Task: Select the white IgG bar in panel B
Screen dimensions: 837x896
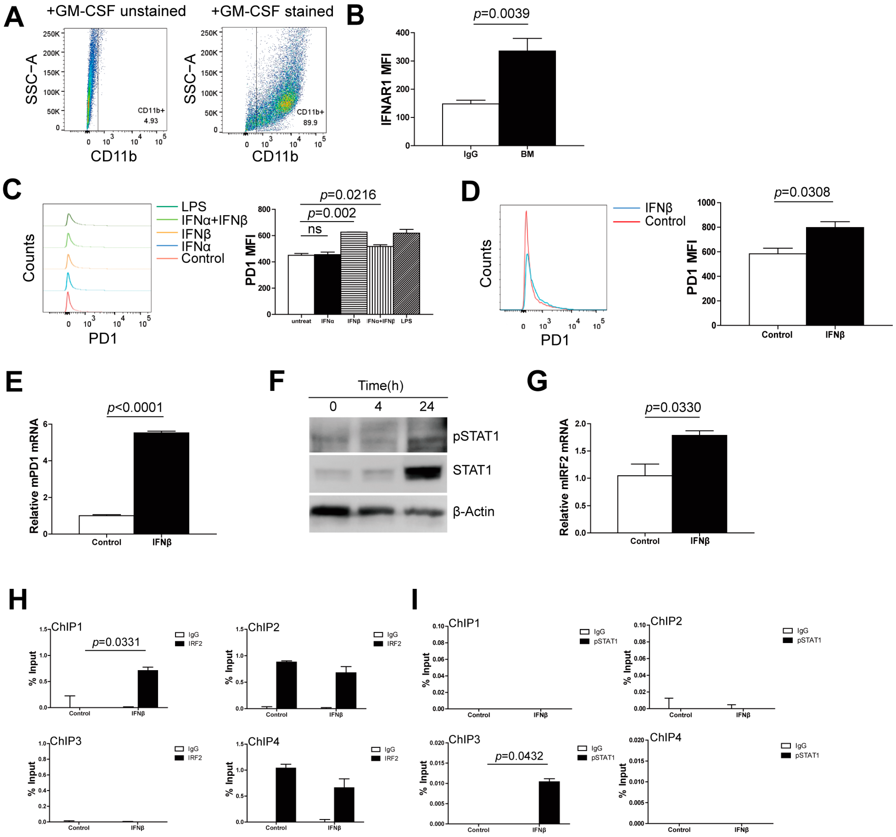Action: click(470, 125)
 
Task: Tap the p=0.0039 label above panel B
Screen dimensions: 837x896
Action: click(501, 14)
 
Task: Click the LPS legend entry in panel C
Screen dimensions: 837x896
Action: click(194, 206)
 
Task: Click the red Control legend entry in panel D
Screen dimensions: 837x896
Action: click(665, 221)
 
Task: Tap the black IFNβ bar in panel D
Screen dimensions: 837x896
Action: click(835, 276)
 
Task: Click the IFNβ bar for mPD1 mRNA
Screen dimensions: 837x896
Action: click(161, 483)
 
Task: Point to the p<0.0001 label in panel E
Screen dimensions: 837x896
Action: click(135, 407)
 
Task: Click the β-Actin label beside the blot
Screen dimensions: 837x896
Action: click(473, 512)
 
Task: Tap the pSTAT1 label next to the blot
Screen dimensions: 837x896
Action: click(476, 436)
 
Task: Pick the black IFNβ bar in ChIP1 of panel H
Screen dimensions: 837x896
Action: click(148, 689)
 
